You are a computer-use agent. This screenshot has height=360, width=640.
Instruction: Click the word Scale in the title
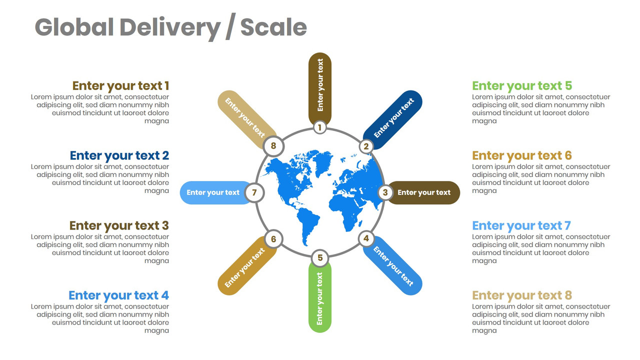(273, 27)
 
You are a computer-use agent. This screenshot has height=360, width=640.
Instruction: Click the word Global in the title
(74, 27)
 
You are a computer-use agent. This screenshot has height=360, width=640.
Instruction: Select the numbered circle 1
(320, 127)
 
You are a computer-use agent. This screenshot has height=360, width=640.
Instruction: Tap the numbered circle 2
(366, 146)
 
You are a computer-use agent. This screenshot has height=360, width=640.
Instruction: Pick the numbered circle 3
(385, 192)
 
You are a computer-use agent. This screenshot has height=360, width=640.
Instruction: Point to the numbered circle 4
(366, 238)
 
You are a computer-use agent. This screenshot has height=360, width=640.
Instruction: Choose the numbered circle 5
(320, 258)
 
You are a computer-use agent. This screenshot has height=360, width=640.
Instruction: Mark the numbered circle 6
(273, 239)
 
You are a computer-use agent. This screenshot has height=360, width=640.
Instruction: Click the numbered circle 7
(254, 192)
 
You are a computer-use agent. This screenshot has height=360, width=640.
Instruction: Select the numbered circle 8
(273, 146)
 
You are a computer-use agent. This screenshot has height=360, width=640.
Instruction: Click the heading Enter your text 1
(120, 86)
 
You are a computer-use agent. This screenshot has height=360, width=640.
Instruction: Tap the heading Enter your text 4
(118, 295)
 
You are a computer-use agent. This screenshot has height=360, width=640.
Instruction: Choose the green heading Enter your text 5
(522, 86)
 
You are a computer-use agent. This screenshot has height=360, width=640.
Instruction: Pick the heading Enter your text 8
(522, 295)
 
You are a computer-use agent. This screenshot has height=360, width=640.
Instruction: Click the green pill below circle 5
(320, 300)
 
